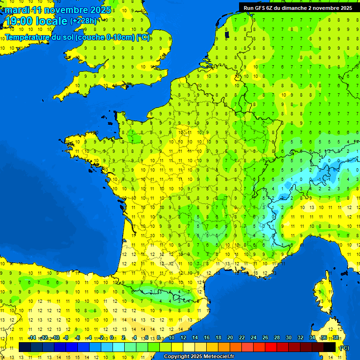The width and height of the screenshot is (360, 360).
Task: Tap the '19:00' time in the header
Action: pos(19,21)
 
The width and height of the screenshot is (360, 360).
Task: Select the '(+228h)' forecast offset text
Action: pos(83,21)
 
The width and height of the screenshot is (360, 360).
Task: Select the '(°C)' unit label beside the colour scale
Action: pos(344,347)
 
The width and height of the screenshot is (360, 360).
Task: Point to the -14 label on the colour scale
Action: pos(32,337)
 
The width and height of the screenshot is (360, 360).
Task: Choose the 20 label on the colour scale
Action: pos(230,337)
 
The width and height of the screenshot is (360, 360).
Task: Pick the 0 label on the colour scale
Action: pos(112,337)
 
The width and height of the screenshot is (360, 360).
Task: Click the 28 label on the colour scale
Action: pos(277,337)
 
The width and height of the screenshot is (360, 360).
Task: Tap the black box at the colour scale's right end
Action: pos(330,347)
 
